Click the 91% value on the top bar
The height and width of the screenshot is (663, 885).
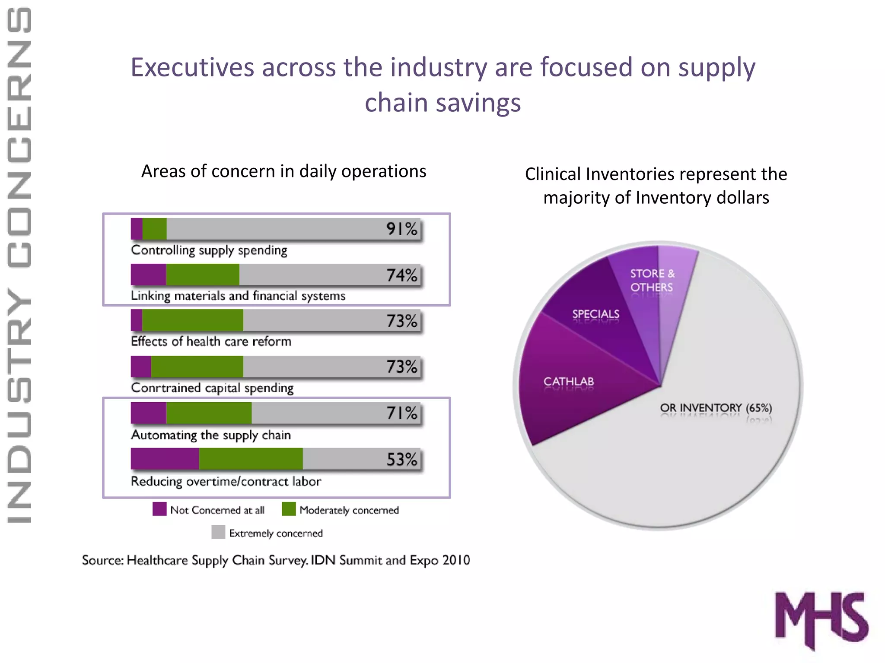401,229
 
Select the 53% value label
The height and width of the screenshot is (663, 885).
401,459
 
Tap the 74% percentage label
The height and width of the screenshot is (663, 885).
401,275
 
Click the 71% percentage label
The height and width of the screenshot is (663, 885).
401,413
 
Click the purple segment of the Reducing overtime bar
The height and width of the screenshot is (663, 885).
165,459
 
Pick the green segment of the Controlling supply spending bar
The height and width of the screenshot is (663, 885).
154,229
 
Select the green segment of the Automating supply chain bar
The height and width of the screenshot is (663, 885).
209,413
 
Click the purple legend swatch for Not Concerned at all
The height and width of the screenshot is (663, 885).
159,509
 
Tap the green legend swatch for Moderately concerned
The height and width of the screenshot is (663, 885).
289,509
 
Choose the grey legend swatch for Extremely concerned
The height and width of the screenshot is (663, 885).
218,532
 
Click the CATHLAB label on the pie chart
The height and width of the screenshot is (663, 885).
568,382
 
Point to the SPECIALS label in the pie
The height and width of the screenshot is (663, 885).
595,314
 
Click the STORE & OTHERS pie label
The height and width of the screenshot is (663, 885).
652,280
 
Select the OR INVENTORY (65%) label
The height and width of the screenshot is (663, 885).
716,408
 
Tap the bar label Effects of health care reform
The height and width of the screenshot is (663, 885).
211,341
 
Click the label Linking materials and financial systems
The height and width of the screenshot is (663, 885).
238,296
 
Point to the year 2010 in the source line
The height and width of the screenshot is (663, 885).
455,560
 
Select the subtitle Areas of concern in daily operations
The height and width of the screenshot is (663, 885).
283,171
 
